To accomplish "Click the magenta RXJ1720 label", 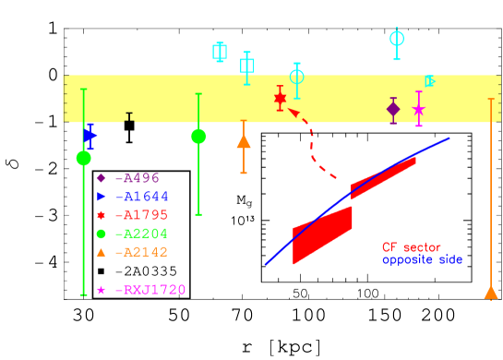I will click(150, 290).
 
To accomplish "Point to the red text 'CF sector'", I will click(412, 247).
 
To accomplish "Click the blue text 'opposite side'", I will click(422, 259).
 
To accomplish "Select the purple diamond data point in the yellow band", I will click(393, 109).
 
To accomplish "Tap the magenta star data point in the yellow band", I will click(419, 109).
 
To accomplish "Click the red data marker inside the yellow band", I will click(280, 98).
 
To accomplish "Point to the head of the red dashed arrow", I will click(291, 111).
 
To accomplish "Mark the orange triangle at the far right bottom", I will click(491, 293).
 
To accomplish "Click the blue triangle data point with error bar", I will click(90, 136).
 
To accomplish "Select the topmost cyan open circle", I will click(397, 38).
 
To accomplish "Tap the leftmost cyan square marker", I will click(220, 51).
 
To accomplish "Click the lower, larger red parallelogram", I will click(322, 234).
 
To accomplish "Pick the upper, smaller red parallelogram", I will click(383, 177).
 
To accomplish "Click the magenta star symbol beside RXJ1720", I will click(101, 290).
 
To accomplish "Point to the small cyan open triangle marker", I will click(429, 81).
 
